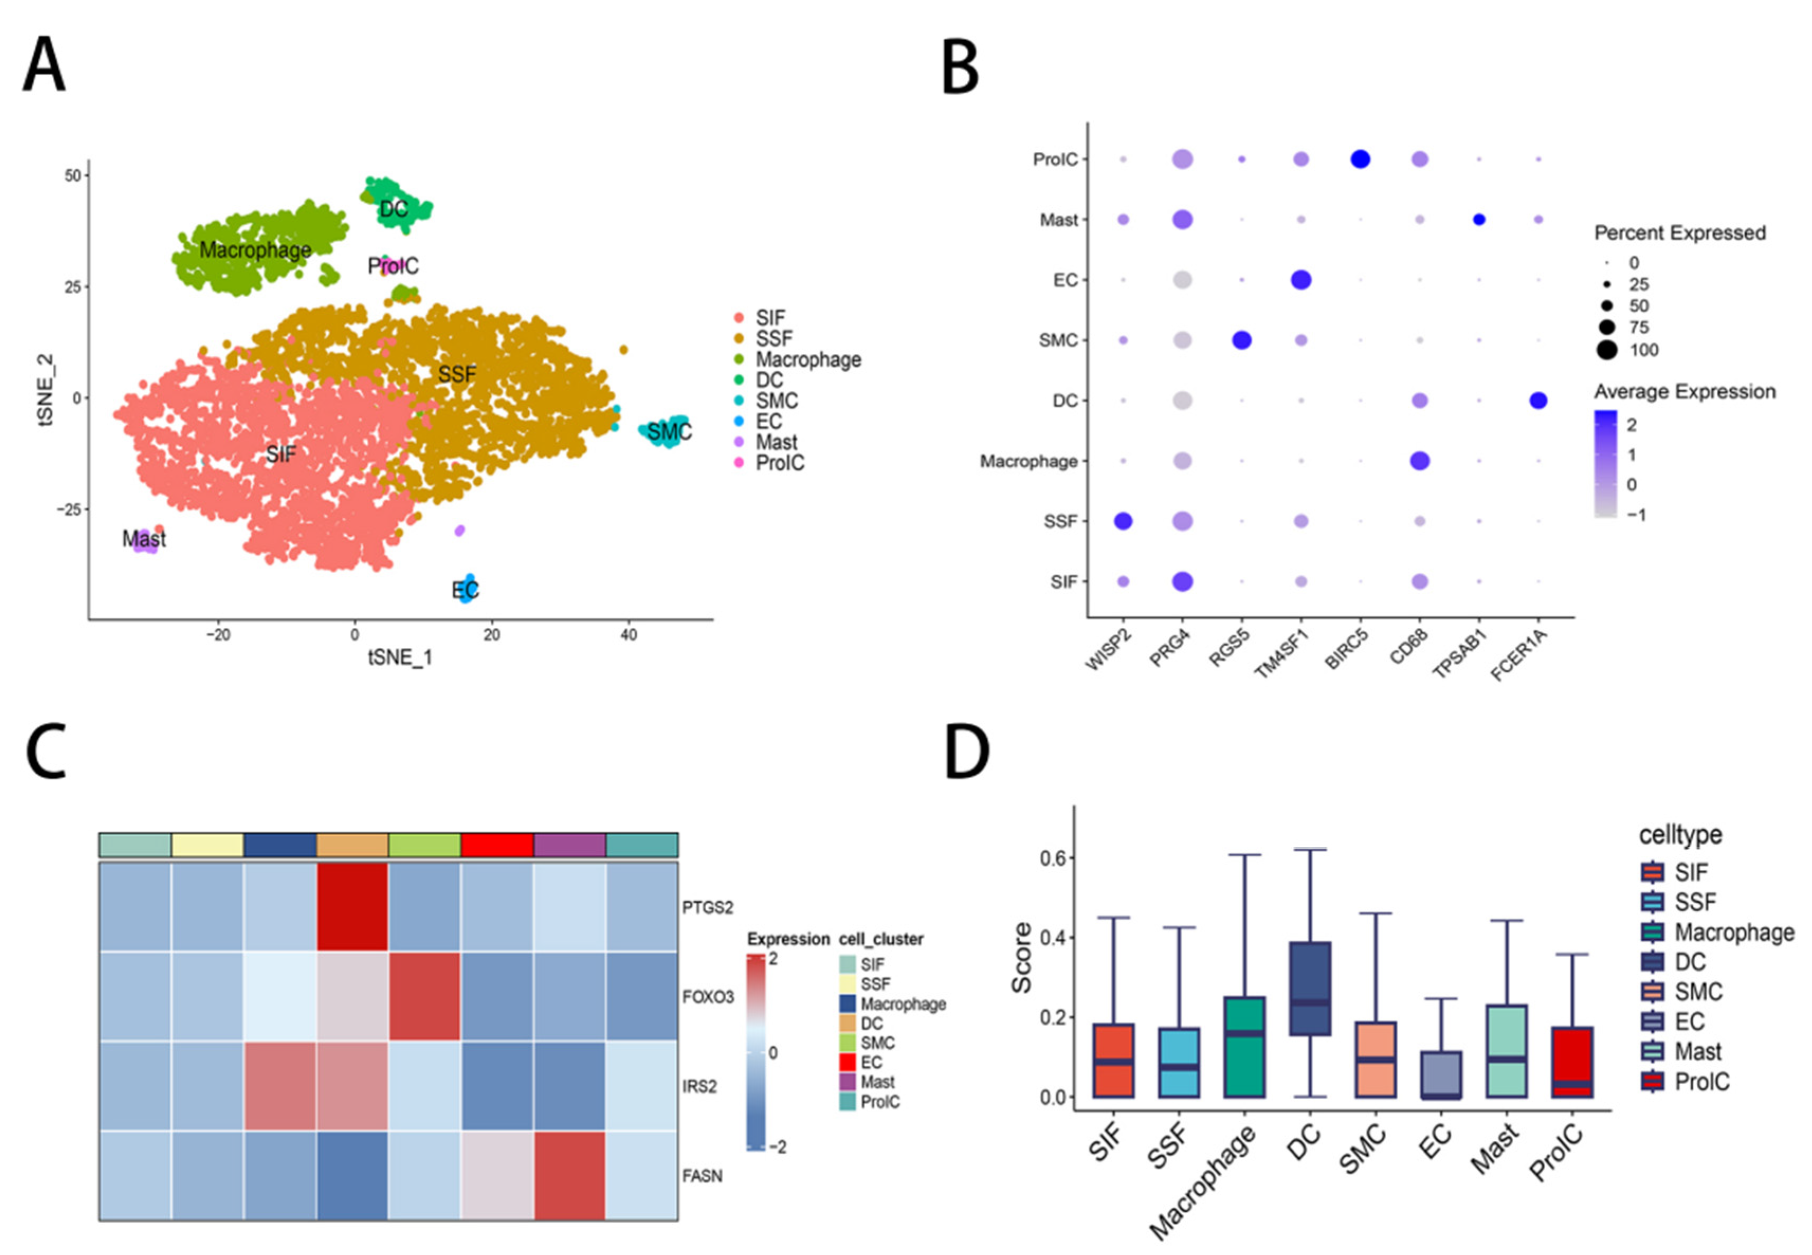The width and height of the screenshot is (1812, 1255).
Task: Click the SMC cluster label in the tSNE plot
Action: point(669,431)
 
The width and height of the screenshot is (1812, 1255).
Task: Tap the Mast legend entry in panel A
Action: point(775,442)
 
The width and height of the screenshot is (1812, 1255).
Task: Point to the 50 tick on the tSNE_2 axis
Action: point(73,176)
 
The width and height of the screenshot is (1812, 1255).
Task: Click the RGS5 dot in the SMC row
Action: point(1241,340)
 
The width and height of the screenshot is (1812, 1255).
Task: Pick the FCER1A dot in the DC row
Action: point(1538,400)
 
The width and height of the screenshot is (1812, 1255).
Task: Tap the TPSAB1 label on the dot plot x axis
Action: point(1460,654)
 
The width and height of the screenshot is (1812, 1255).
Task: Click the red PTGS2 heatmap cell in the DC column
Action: point(352,906)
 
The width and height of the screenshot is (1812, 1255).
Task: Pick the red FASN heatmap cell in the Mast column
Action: point(570,1175)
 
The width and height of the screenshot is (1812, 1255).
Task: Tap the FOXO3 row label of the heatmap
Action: point(708,997)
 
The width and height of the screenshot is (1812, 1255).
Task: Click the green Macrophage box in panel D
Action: point(1244,1046)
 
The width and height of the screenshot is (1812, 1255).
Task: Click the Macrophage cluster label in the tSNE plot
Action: point(255,250)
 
